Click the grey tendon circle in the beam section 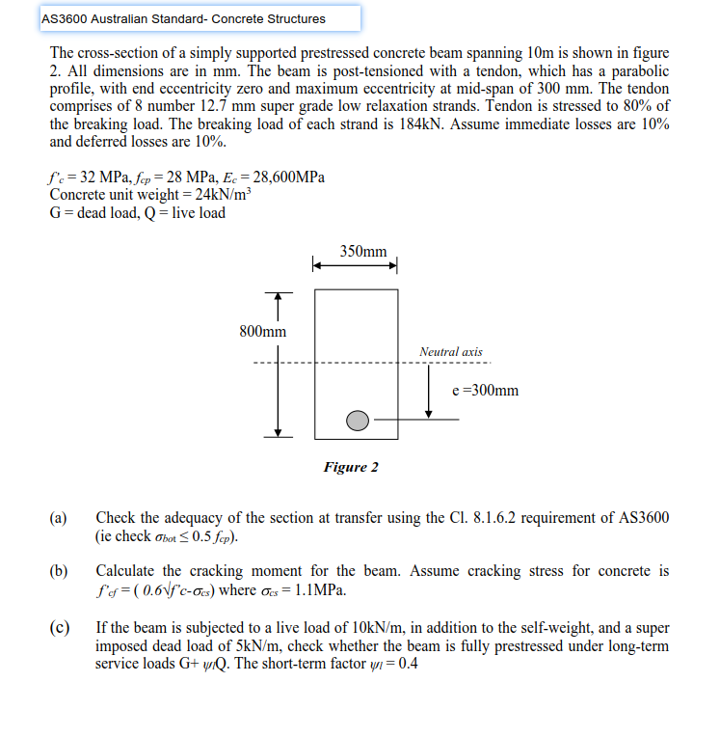[358, 421]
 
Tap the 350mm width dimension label [363, 252]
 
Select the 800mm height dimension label [262, 332]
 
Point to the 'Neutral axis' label [451, 352]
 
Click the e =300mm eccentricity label [485, 391]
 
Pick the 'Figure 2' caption [351, 468]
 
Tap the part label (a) [59, 518]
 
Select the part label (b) [59, 571]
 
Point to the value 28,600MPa [286, 177]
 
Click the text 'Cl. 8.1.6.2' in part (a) [460, 518]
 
